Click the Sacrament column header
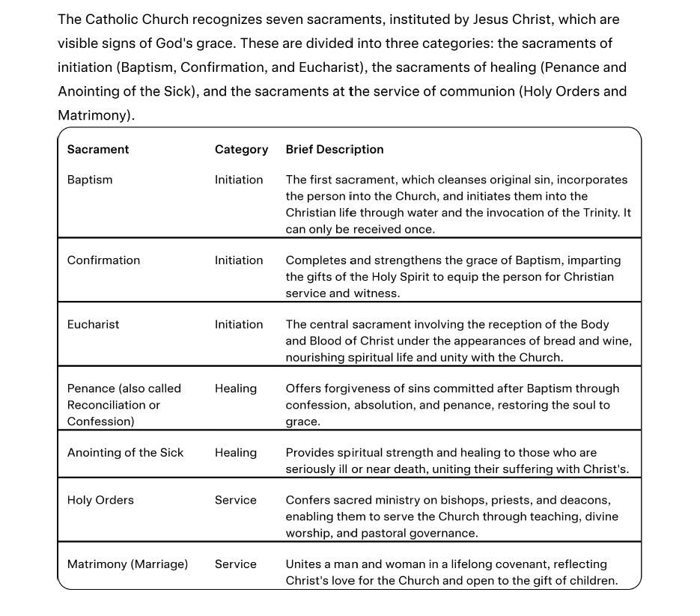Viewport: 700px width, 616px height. click(x=98, y=150)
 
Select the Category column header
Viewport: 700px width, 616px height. click(x=241, y=150)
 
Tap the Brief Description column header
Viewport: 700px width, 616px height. click(x=335, y=150)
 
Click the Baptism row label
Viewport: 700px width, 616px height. click(x=90, y=180)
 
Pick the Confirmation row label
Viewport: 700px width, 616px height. click(x=103, y=260)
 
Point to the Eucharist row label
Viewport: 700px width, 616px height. click(x=93, y=325)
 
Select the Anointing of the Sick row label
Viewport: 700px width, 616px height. click(x=125, y=453)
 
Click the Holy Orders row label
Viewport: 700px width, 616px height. click(x=100, y=500)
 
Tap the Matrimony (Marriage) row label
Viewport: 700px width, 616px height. click(x=127, y=564)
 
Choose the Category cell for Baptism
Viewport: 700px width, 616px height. click(x=239, y=180)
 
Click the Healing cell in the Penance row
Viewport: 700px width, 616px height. click(x=236, y=388)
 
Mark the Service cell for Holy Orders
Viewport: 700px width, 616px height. click(x=236, y=500)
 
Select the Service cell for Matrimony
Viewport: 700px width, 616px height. click(x=236, y=564)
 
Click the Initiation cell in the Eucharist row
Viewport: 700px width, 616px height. click(x=239, y=325)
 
